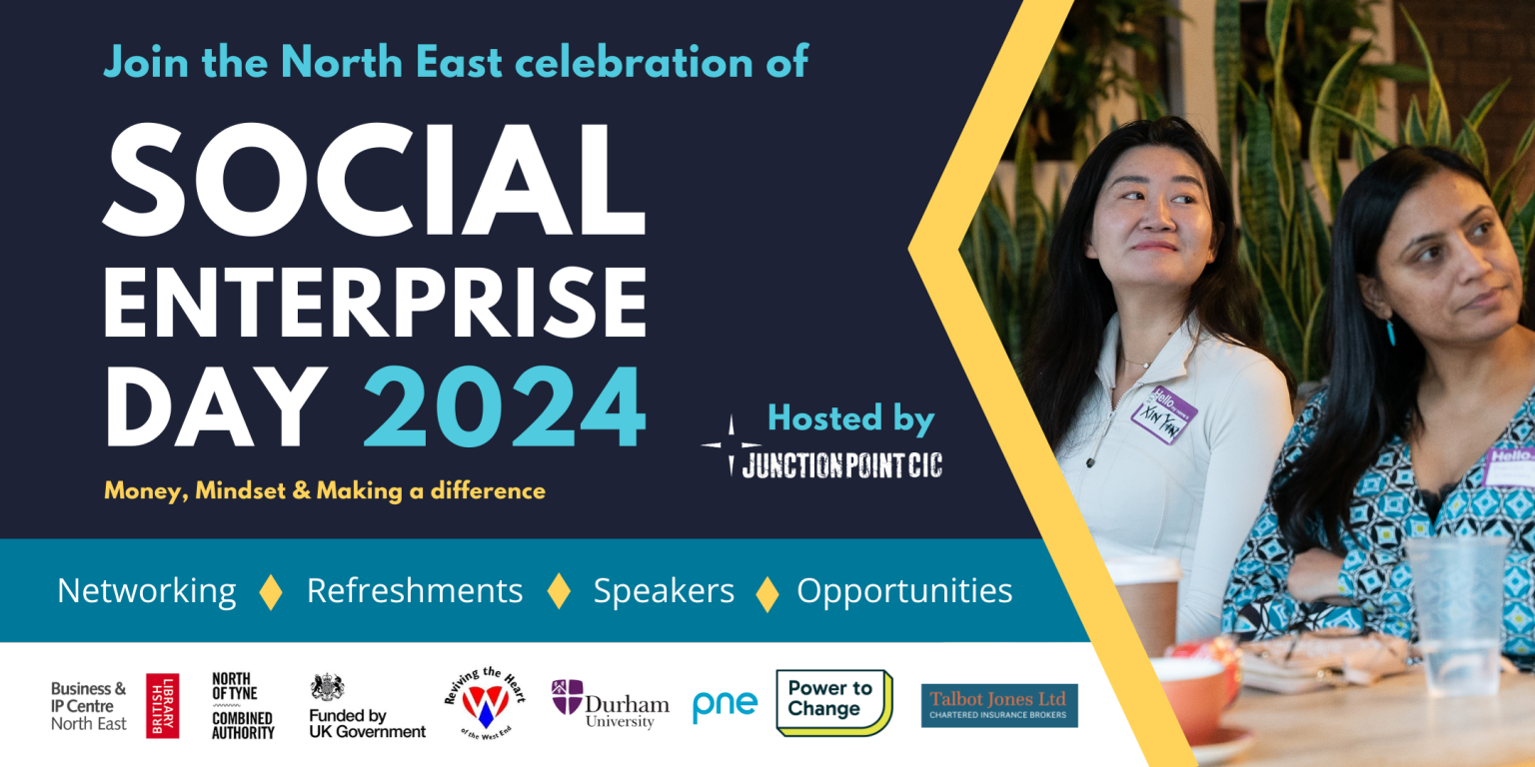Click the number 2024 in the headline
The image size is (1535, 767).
[x=504, y=408]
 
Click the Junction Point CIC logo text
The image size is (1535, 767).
[x=841, y=464]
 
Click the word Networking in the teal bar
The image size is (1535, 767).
[x=147, y=591]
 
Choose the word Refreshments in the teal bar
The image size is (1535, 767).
[x=415, y=591]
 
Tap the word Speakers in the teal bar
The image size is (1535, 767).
[x=664, y=591]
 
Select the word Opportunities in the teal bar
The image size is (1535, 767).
[x=904, y=591]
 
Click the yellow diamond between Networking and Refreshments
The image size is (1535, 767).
[x=271, y=591]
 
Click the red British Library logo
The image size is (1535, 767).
[x=162, y=705]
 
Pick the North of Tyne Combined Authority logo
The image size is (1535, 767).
[x=242, y=705]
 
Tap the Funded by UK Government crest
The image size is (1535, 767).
[x=327, y=687]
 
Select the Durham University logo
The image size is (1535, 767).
[x=596, y=703]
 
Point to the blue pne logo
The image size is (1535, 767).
[x=725, y=705]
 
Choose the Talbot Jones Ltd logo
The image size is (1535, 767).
[x=999, y=705]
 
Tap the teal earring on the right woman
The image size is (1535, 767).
[x=1390, y=332]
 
